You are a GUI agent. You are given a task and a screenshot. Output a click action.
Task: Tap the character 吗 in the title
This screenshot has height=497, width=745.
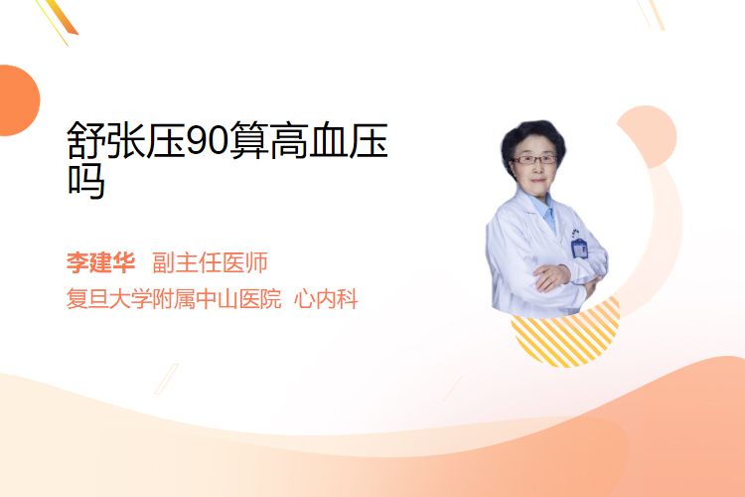click(86, 180)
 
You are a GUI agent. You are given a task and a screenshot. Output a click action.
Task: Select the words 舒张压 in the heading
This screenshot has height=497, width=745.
click(126, 140)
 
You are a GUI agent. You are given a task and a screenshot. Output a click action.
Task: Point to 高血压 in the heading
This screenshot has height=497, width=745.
click(329, 140)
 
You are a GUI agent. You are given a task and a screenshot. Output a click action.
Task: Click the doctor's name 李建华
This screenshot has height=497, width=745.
click(100, 262)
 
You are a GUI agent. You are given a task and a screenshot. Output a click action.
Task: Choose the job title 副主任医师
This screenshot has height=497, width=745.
click(210, 262)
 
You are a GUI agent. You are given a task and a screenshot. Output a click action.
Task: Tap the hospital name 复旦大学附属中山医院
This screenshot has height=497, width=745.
click(174, 298)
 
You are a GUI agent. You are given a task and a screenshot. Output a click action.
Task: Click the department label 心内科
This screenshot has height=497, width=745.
click(326, 298)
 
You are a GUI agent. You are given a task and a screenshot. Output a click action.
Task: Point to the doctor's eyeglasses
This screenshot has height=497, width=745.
click(534, 159)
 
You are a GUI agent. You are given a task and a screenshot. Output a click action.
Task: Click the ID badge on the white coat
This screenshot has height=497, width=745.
click(579, 248)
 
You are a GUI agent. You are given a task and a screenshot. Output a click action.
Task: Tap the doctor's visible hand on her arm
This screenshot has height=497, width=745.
click(551, 276)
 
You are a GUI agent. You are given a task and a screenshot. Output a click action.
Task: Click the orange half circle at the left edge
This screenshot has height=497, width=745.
click(18, 100)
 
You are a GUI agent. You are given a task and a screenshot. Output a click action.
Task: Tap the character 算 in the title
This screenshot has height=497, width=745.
click(249, 140)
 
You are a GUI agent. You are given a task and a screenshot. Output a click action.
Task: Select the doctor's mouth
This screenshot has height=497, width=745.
click(537, 180)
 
